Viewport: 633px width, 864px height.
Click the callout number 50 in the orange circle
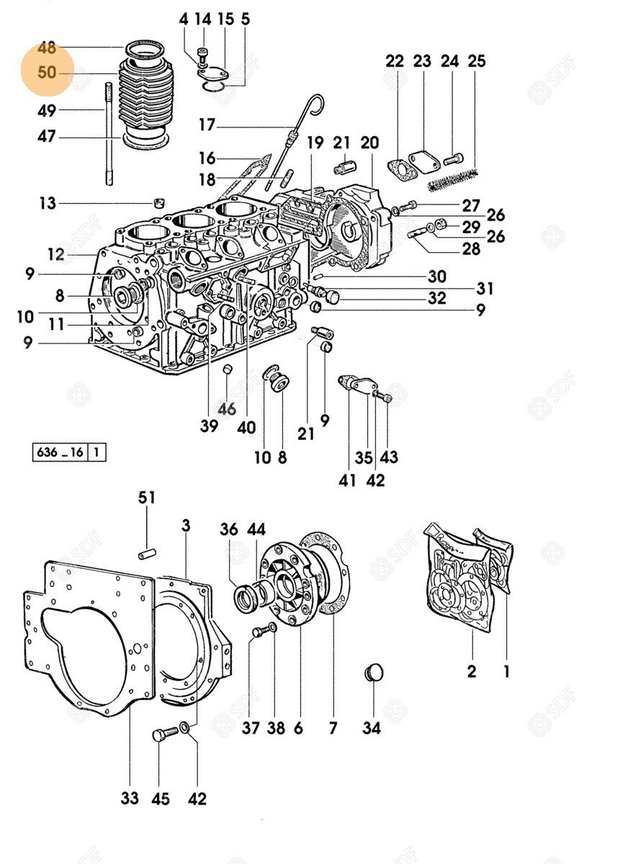pos(47,73)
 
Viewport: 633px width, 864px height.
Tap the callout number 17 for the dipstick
pos(207,125)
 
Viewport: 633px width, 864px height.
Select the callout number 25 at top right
pos(477,61)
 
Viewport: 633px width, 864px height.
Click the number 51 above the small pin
pos(147,498)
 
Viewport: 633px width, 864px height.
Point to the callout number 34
pos(371,728)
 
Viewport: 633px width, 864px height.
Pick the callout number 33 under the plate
pos(129,798)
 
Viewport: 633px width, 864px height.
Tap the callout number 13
pos(47,204)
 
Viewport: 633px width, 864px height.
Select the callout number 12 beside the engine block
pos(56,253)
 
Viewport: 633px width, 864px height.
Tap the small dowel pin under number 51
pos(147,554)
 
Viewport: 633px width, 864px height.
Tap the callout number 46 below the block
pos(227,409)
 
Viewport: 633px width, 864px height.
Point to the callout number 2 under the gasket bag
pos(472,672)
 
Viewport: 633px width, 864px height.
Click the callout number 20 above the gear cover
pos(369,143)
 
